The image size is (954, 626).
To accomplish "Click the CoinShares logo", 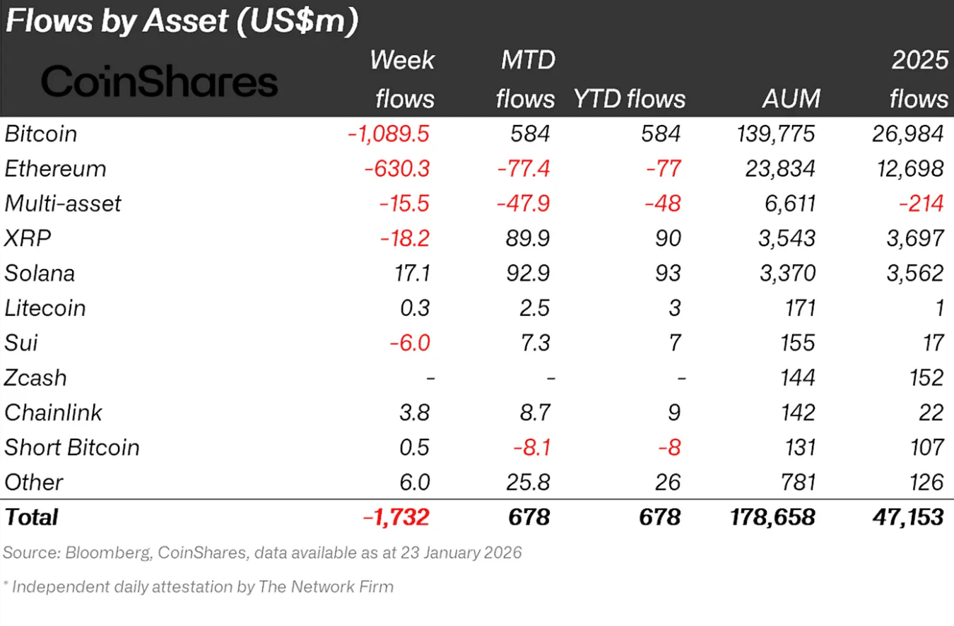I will tap(159, 82).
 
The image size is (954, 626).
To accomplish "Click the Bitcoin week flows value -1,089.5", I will tap(388, 134).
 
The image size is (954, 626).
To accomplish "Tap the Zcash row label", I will tap(35, 378).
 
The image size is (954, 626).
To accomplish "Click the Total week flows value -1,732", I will tap(395, 517).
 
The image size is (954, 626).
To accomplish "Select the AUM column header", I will tap(791, 98).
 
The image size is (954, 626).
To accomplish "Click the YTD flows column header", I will tap(628, 98).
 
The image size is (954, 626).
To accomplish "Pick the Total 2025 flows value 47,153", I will tap(907, 517).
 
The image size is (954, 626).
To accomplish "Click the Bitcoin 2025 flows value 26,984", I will tap(909, 134).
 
